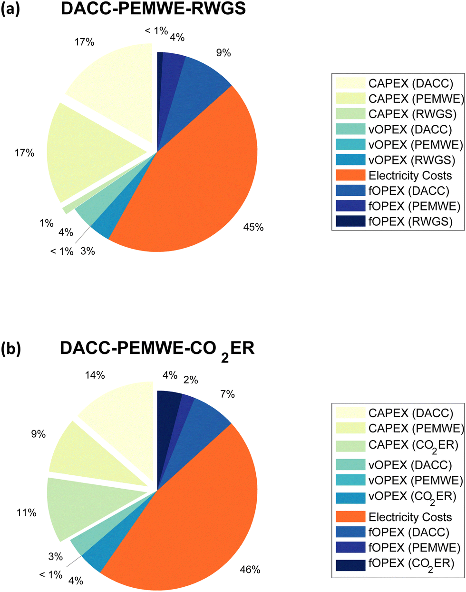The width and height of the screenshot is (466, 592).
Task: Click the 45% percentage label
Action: click(253, 227)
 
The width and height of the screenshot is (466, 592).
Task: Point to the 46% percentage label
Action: click(250, 569)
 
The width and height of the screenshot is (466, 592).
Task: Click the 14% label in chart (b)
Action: click(95, 375)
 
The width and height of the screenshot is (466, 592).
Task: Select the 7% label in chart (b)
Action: click(227, 394)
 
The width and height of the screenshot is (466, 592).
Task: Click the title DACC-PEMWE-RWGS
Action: click(153, 9)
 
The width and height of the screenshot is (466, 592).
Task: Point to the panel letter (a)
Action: click(10, 10)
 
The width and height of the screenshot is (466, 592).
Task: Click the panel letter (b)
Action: click(10, 349)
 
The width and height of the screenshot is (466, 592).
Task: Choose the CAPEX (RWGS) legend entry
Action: click(412, 114)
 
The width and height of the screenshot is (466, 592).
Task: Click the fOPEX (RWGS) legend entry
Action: click(411, 221)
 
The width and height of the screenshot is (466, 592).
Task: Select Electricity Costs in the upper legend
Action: click(410, 176)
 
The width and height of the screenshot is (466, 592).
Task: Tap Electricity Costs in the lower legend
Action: click(410, 517)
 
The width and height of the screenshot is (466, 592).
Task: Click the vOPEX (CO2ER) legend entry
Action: click(412, 496)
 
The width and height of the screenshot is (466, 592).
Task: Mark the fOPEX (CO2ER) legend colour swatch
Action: click(350, 565)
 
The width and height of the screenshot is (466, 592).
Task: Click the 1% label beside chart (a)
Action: click(47, 222)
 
